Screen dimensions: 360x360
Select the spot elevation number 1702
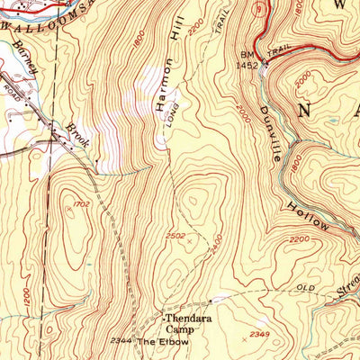pos(81,205)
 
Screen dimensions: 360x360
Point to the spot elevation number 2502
pos(175,237)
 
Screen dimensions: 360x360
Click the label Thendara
pos(185,319)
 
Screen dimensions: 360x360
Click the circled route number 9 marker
pos(259,10)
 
